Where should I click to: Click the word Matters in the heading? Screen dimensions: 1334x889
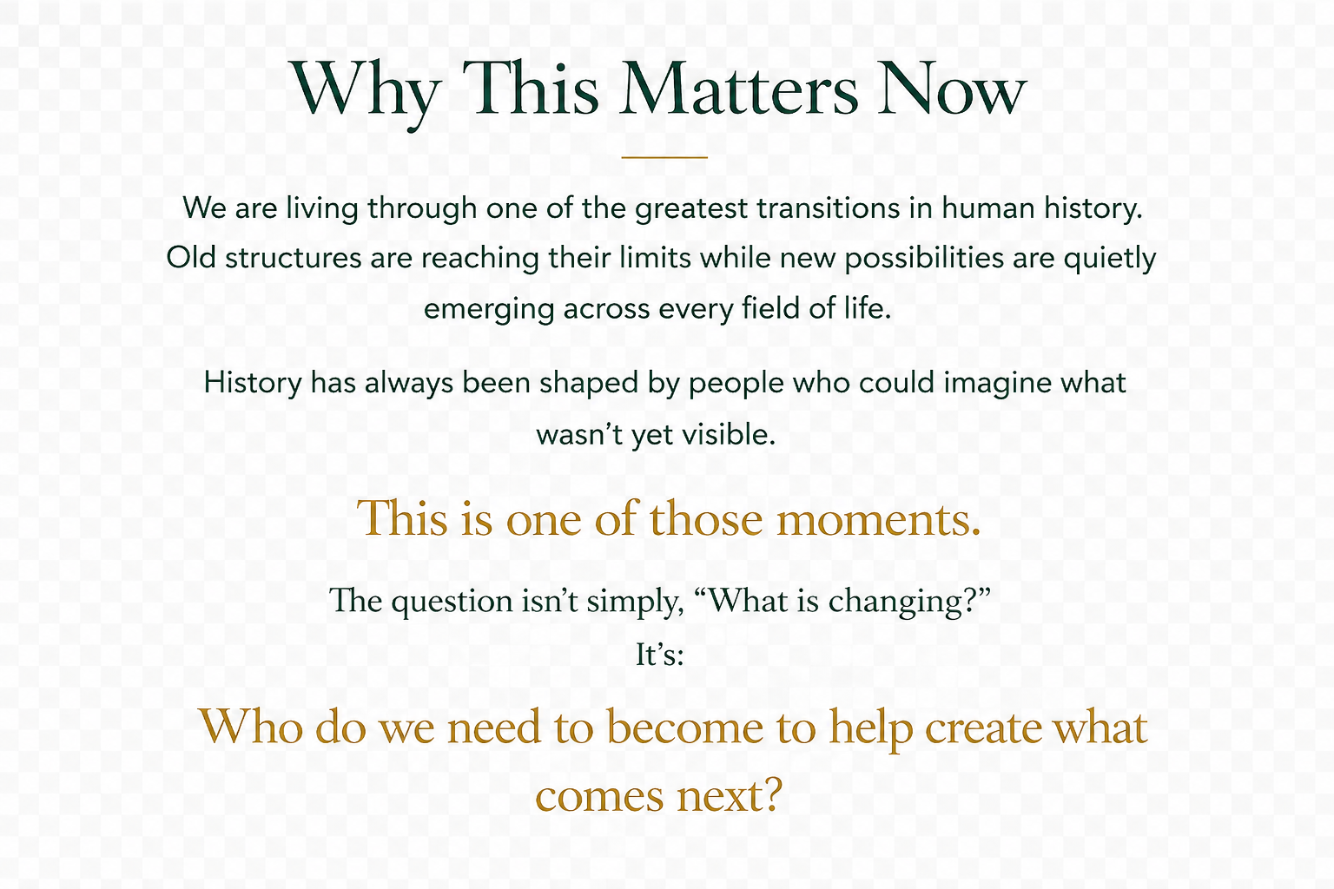(x=738, y=89)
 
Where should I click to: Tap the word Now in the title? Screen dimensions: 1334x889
(x=952, y=89)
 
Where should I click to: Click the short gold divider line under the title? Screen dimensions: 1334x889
(x=664, y=157)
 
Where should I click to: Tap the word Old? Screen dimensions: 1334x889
(x=190, y=258)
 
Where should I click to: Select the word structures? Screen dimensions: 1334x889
(x=293, y=259)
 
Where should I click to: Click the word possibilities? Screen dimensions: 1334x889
(x=924, y=259)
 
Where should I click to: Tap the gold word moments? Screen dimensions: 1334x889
(x=878, y=519)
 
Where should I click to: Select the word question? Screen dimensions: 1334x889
(x=452, y=602)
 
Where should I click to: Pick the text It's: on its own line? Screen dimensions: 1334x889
(x=660, y=655)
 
